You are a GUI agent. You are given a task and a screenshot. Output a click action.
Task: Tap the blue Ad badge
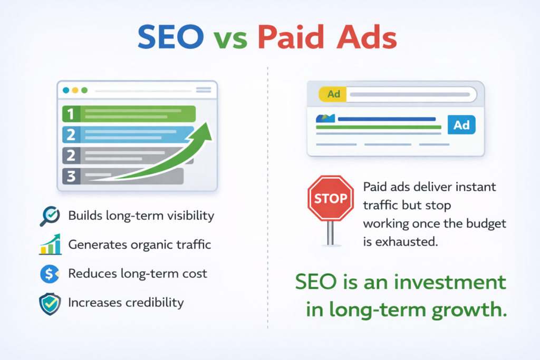click(461, 125)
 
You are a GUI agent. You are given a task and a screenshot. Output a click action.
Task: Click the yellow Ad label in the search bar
click(333, 94)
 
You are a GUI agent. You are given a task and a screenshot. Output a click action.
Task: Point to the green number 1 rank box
click(71, 113)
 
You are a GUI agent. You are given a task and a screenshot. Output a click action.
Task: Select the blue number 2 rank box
click(71, 134)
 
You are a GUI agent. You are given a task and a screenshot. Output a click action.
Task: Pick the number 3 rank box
click(71, 176)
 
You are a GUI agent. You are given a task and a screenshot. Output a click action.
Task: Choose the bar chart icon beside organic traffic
click(50, 245)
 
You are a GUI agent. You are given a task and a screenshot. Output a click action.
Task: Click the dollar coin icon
click(50, 274)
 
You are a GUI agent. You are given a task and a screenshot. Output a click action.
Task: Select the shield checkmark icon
click(50, 304)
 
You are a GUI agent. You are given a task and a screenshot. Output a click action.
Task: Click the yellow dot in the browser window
click(75, 90)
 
